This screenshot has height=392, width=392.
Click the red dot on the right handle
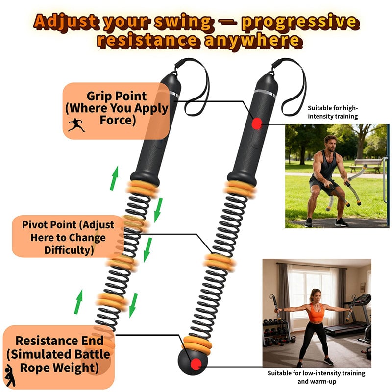256,123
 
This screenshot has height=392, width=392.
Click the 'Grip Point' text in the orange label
117,96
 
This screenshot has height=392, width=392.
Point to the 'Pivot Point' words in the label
68,225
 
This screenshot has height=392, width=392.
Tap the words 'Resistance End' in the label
59,341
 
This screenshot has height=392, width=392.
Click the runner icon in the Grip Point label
76,125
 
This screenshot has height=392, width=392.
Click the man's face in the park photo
330,144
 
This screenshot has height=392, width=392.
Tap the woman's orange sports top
317,312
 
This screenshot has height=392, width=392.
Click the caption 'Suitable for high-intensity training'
333,112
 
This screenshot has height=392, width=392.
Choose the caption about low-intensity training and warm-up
316,377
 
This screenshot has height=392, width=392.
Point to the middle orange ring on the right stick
218,261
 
